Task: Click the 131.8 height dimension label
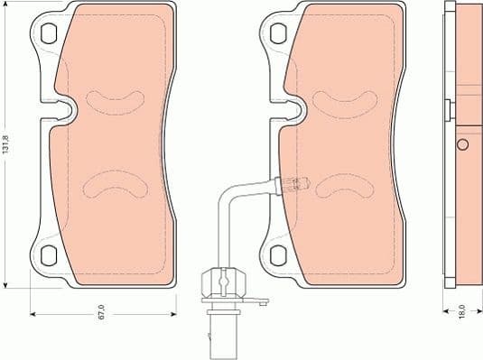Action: pyautogui.click(x=7, y=143)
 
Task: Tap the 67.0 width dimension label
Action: pyautogui.click(x=101, y=312)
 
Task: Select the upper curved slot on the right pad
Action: pyautogui.click(x=340, y=97)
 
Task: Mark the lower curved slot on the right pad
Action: pyautogui.click(x=340, y=185)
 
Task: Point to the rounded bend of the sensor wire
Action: pyautogui.click(x=228, y=194)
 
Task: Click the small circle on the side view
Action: pyautogui.click(x=461, y=145)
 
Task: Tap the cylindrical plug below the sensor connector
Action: pyautogui.click(x=221, y=329)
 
